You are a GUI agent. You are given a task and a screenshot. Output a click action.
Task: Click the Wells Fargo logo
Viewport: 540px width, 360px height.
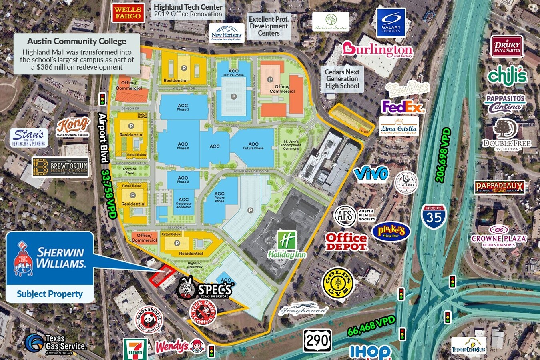[x=128, y=13]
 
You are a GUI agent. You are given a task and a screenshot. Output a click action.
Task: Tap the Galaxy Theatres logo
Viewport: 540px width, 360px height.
[x=391, y=23]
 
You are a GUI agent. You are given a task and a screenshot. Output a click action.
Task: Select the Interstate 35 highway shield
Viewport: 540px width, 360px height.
[x=434, y=216]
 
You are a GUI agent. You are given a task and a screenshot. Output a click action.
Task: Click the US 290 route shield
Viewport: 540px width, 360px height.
[x=317, y=341]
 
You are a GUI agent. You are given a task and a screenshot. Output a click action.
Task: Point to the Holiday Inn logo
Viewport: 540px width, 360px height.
[x=287, y=244]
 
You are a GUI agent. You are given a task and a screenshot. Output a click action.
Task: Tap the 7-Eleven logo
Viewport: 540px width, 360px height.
[x=135, y=349]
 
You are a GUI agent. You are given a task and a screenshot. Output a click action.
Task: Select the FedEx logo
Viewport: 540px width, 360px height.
[x=402, y=107]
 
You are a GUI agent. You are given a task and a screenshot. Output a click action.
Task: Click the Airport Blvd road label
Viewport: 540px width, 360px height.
[x=103, y=138]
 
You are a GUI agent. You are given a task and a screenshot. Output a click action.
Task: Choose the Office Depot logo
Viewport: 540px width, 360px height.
[x=346, y=242]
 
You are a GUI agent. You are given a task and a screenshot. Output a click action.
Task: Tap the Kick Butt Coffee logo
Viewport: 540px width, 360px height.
[x=203, y=312]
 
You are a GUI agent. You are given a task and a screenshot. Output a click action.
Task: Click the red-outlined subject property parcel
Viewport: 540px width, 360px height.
[x=162, y=276]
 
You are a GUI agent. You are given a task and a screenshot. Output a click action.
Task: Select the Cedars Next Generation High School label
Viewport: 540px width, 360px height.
[x=342, y=79]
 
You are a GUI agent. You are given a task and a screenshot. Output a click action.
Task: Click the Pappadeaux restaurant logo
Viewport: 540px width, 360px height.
[x=499, y=187]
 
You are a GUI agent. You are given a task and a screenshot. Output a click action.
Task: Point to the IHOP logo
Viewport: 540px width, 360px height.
[x=370, y=352]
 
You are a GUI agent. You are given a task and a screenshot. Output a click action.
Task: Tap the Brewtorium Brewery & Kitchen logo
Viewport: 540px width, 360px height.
[x=60, y=167]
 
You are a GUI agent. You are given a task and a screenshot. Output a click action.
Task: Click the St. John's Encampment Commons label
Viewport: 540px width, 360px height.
[x=291, y=145]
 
